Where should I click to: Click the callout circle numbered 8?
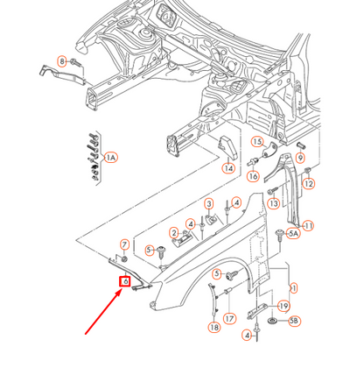tap(62, 60)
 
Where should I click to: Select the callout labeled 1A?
tap(110, 158)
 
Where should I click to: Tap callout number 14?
tap(227, 168)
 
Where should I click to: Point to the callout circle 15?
tap(257, 141)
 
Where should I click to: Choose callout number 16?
tap(252, 176)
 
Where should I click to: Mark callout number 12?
tap(309, 184)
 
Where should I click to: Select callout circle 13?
tap(273, 204)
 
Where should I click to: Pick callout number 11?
tap(308, 226)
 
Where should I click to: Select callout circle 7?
tap(124, 244)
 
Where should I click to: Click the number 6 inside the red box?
tap(125, 281)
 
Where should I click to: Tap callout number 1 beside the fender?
tap(294, 287)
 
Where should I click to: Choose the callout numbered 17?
tap(229, 319)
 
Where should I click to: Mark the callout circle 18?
tap(214, 327)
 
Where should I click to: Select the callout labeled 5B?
tap(294, 322)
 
